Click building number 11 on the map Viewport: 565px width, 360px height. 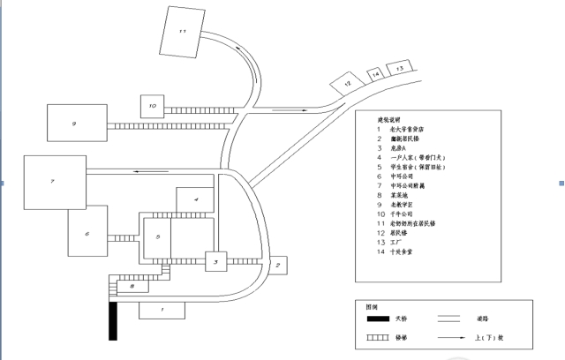[x=182, y=32]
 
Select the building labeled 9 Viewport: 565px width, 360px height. [x=77, y=125]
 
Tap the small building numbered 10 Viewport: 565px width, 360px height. [x=152, y=107]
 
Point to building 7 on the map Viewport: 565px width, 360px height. [x=54, y=182]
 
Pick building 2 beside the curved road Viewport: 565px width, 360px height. [x=277, y=265]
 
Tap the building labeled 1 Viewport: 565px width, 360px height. [x=162, y=310]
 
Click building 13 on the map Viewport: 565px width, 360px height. [x=400, y=67]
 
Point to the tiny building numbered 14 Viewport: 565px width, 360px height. [x=376, y=75]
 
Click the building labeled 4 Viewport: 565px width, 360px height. [x=196, y=200]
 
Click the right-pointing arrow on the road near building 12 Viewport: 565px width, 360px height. [x=284, y=110]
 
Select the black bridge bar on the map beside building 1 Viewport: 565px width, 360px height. [x=113, y=320]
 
